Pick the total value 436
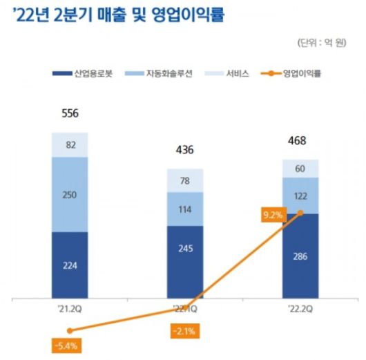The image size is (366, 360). click(x=184, y=150)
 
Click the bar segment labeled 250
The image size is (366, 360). click(x=70, y=194)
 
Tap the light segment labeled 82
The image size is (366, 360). click(x=70, y=144)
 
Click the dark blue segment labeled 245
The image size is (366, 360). click(x=184, y=263)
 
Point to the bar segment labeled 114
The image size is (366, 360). click(x=184, y=209)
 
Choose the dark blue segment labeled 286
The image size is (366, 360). click(x=300, y=256)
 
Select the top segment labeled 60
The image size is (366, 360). click(x=300, y=169)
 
